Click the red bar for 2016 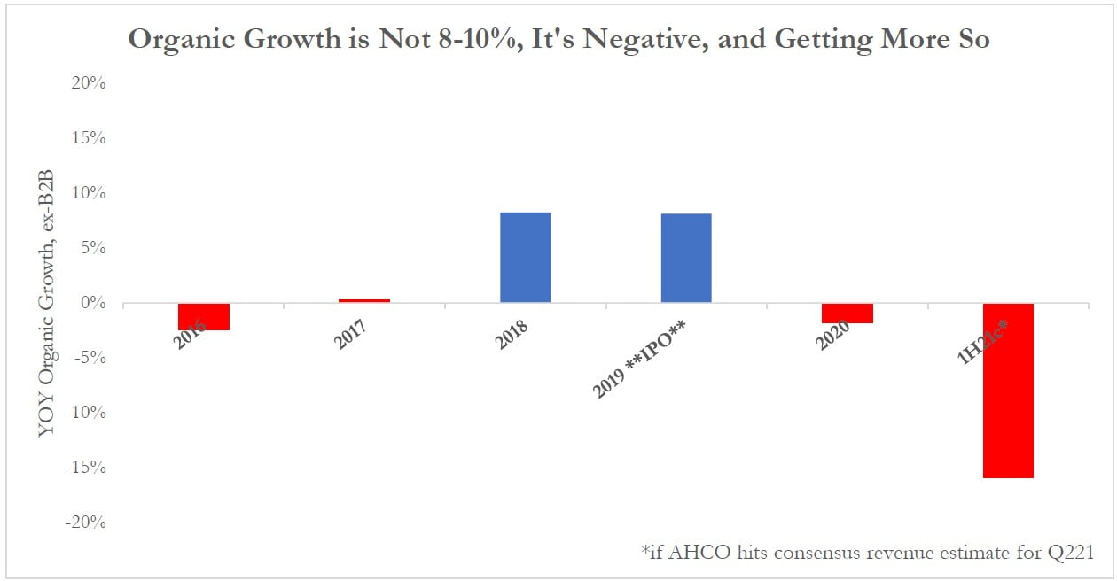pos(204,316)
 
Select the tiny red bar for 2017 pos(364,301)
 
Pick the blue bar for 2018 pos(525,258)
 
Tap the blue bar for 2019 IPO pos(685,259)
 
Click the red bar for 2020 pos(847,313)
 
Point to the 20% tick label pos(88,83)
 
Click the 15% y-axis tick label pos(88,138)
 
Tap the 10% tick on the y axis pos(88,193)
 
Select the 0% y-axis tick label pos(92,303)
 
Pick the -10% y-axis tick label pos(85,413)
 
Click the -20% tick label pos(85,523)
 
